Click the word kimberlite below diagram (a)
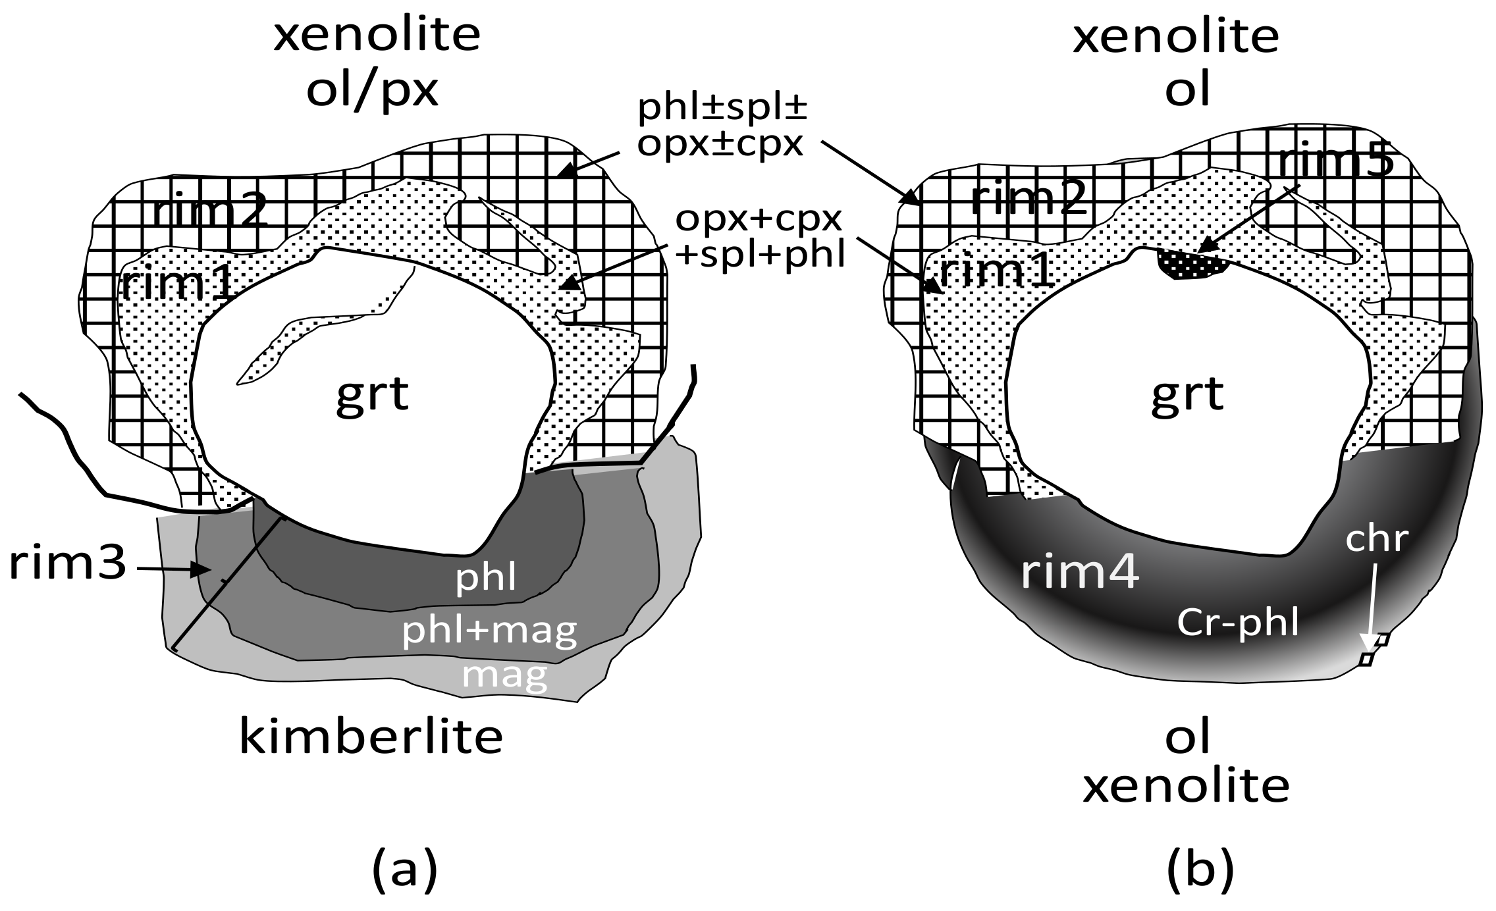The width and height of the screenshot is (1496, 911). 370,737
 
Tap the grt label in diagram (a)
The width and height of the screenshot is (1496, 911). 373,395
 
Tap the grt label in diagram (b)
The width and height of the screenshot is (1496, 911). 1187,395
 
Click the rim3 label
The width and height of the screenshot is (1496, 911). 67,565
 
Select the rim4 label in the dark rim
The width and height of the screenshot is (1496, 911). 1080,573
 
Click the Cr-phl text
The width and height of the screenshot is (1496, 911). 1238,623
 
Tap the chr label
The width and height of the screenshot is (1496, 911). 1376,540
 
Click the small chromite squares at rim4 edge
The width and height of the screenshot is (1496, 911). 1374,649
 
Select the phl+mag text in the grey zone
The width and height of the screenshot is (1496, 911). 489,631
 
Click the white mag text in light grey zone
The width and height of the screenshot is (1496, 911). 504,674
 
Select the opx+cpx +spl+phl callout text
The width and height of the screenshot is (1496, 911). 761,237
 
